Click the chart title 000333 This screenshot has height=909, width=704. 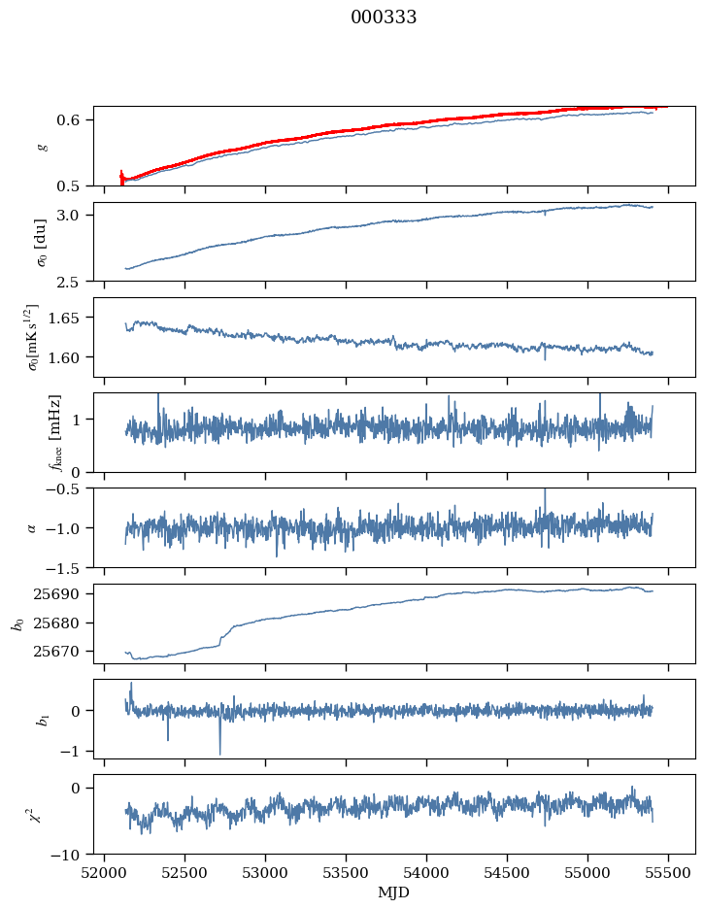click(x=384, y=17)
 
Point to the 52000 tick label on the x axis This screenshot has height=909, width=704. click(x=105, y=872)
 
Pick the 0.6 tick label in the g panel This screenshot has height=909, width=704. click(x=77, y=119)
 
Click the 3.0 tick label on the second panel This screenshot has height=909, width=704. click(x=77, y=215)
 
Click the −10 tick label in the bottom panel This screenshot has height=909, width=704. click(x=73, y=855)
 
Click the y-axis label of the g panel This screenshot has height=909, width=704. click(x=42, y=146)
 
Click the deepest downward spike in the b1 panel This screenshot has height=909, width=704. click(x=219, y=753)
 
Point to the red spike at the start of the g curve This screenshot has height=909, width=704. click(x=121, y=177)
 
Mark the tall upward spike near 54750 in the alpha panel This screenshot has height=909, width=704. click(x=545, y=493)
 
